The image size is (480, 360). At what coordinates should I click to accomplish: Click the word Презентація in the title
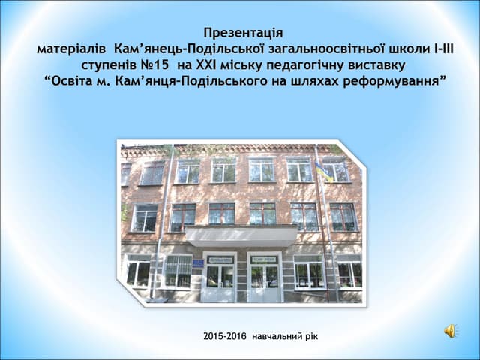click(244, 33)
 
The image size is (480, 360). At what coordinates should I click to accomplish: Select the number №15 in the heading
click(153, 64)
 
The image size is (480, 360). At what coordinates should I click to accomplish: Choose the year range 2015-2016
click(225, 336)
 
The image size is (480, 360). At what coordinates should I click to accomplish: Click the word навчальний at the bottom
click(279, 336)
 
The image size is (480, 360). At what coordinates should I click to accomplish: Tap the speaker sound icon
click(451, 331)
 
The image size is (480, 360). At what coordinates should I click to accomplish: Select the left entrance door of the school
click(218, 280)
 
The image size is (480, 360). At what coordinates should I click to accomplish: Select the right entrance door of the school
click(263, 280)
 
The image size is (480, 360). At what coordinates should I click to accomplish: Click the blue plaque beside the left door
click(196, 265)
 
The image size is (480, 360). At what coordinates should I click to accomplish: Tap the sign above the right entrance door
click(264, 259)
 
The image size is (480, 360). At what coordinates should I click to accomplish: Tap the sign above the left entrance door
click(219, 259)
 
